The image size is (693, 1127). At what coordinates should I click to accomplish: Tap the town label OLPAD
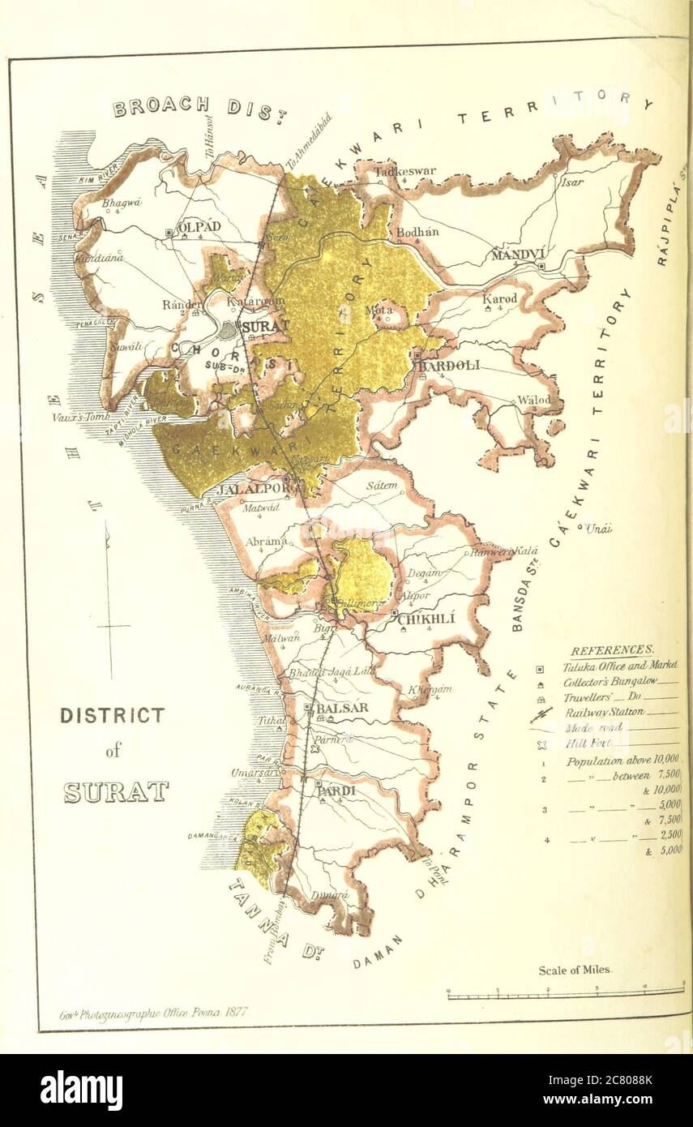[x=199, y=228]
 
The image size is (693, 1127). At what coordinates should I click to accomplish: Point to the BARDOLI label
[x=451, y=365]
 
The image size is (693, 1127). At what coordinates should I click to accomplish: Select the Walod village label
[x=533, y=400]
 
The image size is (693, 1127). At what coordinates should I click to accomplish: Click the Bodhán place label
[x=417, y=232]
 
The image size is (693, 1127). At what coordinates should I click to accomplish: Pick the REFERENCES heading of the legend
[x=611, y=650]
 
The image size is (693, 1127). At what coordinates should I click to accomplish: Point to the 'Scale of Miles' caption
[x=575, y=970]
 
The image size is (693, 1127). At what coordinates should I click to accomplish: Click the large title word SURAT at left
[x=116, y=792]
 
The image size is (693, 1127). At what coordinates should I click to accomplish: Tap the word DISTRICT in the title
[x=112, y=715]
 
